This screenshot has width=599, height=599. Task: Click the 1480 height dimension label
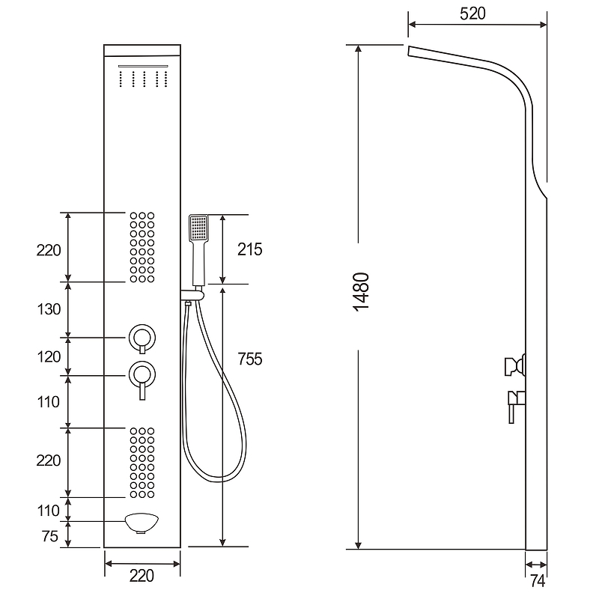pyautogui.click(x=362, y=292)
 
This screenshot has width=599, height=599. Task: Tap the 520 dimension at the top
pyautogui.click(x=472, y=13)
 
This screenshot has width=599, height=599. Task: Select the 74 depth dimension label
pyautogui.click(x=538, y=581)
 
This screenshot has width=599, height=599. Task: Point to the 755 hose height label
pyautogui.click(x=250, y=359)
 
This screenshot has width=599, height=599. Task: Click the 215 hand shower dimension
pyautogui.click(x=250, y=249)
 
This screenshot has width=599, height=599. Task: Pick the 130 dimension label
pyautogui.click(x=49, y=309)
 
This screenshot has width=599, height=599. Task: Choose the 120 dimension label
pyautogui.click(x=49, y=357)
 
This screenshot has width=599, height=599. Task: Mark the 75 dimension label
pyautogui.click(x=50, y=536)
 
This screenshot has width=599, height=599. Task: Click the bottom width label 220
pyautogui.click(x=142, y=576)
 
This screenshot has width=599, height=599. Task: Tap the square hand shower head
pyautogui.click(x=198, y=228)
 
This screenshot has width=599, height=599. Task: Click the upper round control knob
pyautogui.click(x=142, y=338)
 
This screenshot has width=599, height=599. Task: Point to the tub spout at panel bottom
pyautogui.click(x=142, y=523)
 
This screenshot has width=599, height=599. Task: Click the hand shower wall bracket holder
pyautogui.click(x=192, y=294)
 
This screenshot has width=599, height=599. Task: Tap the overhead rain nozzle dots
pyautogui.click(x=143, y=79)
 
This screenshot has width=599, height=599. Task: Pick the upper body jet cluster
pyautogui.click(x=142, y=248)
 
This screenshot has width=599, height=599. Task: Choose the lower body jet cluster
pyautogui.click(x=142, y=463)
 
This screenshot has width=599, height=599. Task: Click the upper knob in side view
pyautogui.click(x=515, y=366)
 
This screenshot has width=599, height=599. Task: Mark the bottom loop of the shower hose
pyautogui.click(x=216, y=478)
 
